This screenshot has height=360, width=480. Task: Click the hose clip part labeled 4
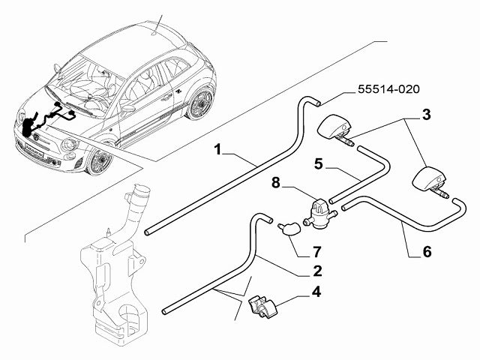point(261,307)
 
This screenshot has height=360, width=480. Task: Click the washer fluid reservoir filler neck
point(139,202)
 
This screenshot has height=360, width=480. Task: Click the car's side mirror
point(128,108)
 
